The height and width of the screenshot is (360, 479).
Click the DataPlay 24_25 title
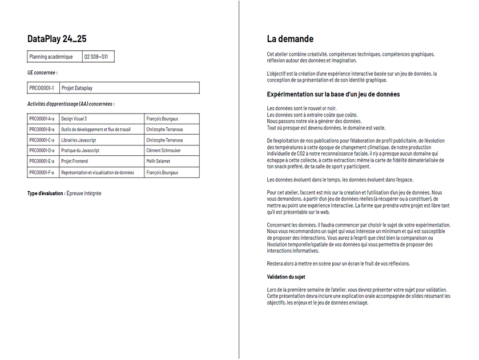click(57, 39)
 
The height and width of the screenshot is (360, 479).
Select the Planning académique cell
click(51, 56)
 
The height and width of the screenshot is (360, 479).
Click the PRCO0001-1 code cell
click(42, 88)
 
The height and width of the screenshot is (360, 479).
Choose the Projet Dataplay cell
click(77, 88)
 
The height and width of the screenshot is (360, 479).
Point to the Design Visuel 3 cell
click(74, 119)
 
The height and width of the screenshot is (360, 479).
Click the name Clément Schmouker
click(164, 151)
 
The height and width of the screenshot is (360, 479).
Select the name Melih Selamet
click(158, 161)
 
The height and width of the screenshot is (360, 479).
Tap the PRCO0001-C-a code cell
click(42, 140)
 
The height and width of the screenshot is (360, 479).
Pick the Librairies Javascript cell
click(79, 140)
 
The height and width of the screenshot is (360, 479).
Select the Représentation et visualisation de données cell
click(98, 172)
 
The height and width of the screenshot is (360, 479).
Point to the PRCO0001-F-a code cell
click(42, 172)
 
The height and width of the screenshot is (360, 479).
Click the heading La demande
click(290, 39)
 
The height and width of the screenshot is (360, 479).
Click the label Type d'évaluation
click(46, 193)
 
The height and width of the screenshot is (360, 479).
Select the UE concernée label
click(42, 72)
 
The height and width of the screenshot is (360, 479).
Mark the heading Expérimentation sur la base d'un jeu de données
click(333, 94)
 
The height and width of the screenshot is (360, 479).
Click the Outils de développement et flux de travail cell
click(96, 130)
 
